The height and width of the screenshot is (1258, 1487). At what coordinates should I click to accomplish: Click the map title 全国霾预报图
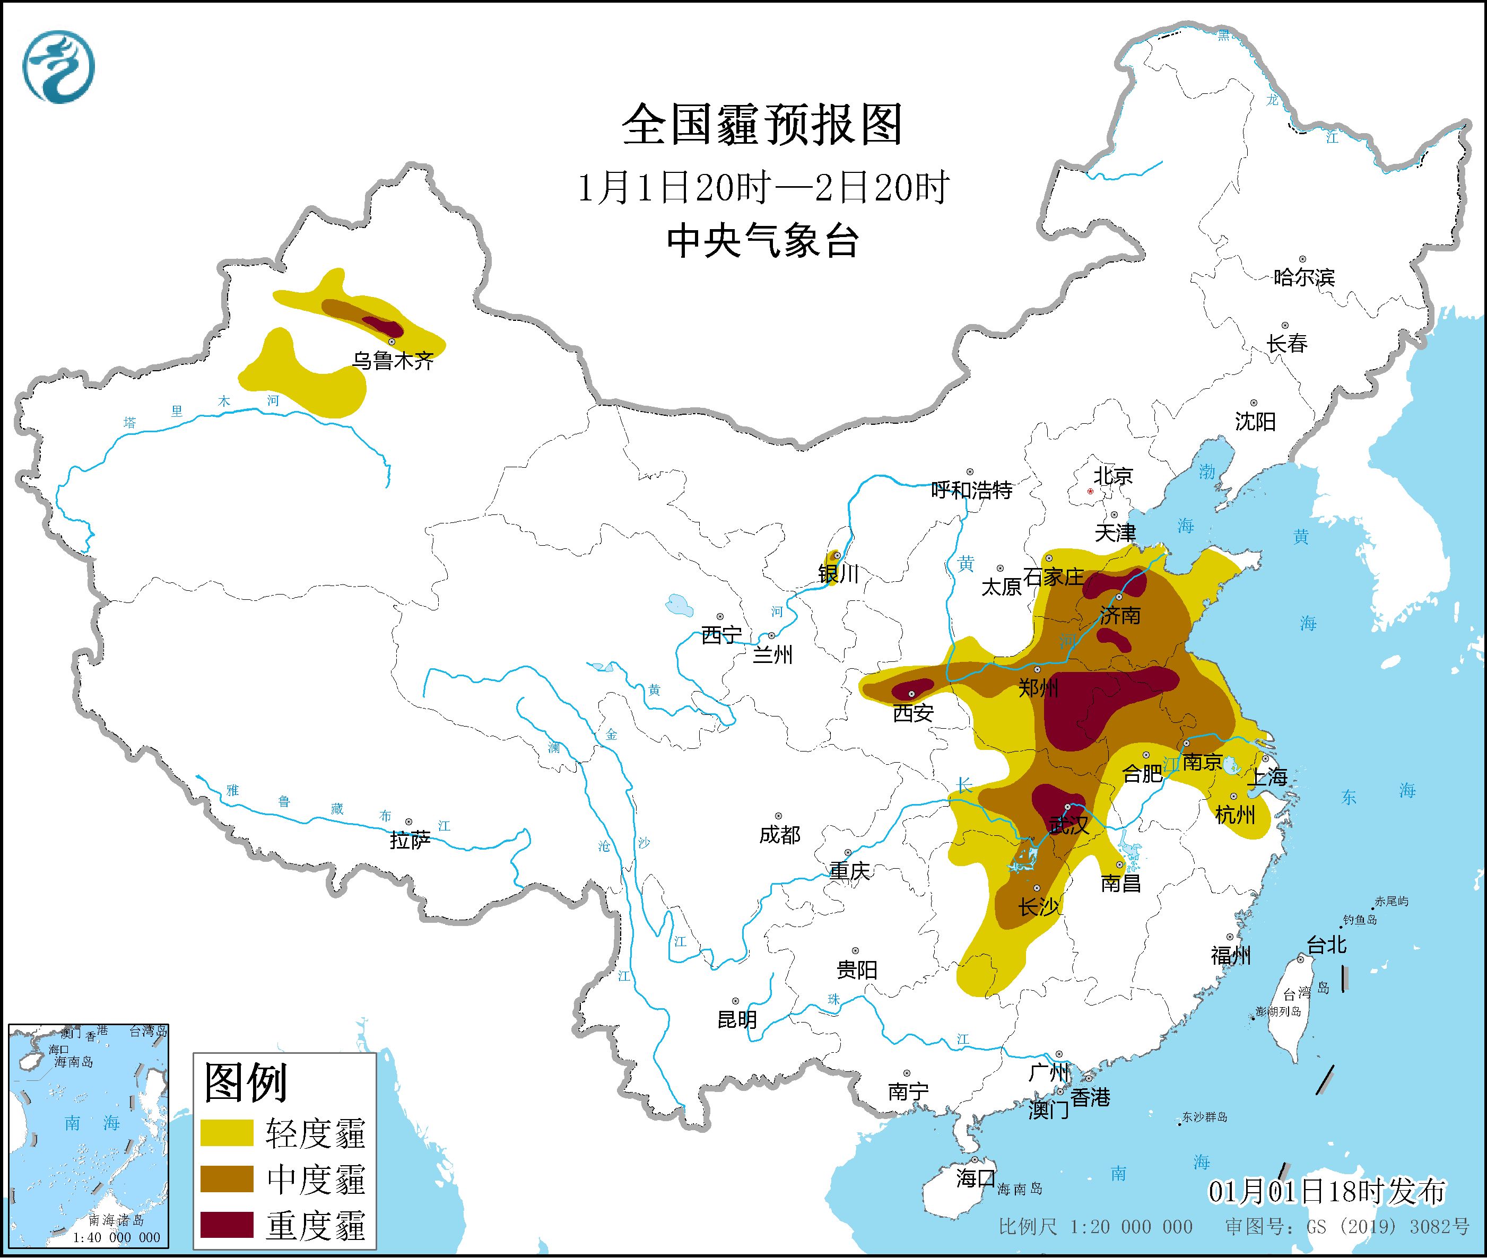point(762,125)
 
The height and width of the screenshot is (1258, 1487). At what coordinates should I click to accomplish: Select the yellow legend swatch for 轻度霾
point(227,1132)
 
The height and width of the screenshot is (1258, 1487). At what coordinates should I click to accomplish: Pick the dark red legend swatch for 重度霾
point(227,1224)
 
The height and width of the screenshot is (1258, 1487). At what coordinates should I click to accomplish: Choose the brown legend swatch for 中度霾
point(227,1178)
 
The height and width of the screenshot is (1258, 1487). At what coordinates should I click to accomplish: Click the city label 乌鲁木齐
point(393,361)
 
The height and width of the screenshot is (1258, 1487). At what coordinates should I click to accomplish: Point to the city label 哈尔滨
point(1303,277)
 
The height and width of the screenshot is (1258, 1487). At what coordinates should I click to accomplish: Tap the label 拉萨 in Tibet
point(410,840)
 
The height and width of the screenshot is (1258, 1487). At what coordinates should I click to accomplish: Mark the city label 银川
point(838,574)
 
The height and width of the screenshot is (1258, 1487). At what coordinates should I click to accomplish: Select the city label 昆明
point(737,1020)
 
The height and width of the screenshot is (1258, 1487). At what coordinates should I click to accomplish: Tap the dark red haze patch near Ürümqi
point(383,327)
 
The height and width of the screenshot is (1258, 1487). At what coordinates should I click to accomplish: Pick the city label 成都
point(779,834)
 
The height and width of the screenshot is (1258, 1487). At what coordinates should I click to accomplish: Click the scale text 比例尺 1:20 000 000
point(1095,1227)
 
